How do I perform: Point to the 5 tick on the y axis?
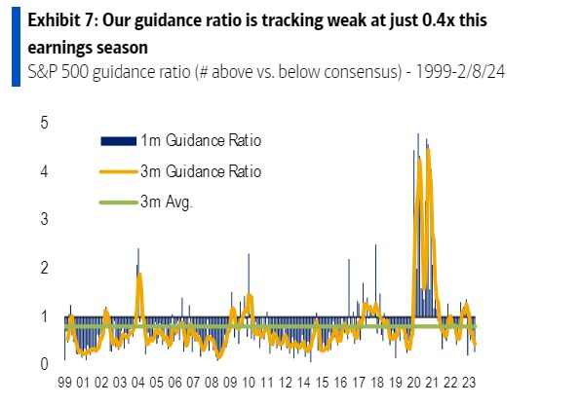[43, 123]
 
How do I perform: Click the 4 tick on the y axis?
[43, 171]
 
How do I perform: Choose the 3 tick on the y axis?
[43, 220]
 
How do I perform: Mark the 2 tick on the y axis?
[43, 268]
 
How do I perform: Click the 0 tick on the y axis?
[43, 364]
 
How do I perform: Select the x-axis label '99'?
[65, 385]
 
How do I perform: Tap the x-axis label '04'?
[139, 385]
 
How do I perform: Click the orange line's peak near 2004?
[139, 275]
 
